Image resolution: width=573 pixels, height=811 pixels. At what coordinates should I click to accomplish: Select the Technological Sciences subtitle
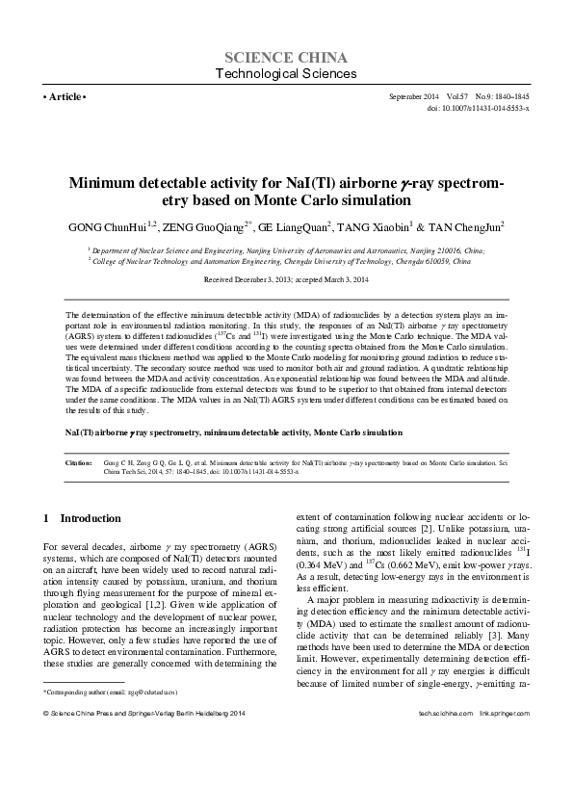tap(285, 73)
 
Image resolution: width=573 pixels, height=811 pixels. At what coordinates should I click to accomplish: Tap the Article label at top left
tap(65, 98)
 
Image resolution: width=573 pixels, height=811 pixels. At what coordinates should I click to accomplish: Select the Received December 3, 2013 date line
tap(285, 278)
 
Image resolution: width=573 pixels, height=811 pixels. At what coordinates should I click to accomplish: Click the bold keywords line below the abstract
tap(233, 433)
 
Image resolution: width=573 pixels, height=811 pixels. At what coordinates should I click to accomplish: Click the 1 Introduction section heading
tap(83, 518)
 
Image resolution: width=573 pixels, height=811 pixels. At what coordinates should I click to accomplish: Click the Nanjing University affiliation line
tap(287, 249)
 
